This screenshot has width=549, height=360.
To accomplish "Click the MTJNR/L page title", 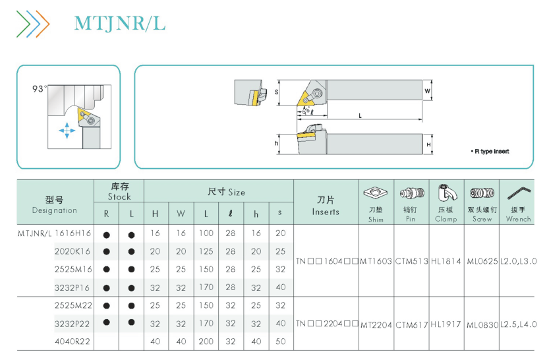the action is click(119, 24).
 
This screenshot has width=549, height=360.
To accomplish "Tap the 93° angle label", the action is click(40, 89).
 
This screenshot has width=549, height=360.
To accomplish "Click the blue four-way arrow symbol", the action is click(67, 131).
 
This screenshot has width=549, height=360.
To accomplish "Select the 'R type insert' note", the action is click(490, 151).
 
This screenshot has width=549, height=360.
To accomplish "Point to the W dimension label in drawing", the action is click(427, 91).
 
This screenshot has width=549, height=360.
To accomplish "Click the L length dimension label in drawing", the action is click(360, 115).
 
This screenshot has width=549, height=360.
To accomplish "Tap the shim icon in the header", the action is click(376, 193).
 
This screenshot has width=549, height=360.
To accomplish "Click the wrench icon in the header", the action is click(519, 193).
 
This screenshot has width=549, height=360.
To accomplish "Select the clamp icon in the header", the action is click(447, 193).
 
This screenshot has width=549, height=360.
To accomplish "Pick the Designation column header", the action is click(55, 205).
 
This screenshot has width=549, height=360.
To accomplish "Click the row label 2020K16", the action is click(72, 251).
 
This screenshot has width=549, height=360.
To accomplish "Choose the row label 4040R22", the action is click(72, 342).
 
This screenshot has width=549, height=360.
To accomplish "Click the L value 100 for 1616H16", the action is click(206, 233).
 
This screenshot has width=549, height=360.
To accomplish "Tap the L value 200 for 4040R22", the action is click(206, 342).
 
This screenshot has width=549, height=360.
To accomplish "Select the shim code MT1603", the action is click(376, 261).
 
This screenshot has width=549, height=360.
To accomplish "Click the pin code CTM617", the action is click(411, 325).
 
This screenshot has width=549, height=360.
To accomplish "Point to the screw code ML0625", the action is click(482, 261).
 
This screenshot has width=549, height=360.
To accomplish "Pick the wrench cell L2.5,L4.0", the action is click(518, 324).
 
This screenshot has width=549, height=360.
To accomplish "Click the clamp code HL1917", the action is click(446, 324).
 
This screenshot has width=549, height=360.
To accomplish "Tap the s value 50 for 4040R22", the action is click(280, 342).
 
